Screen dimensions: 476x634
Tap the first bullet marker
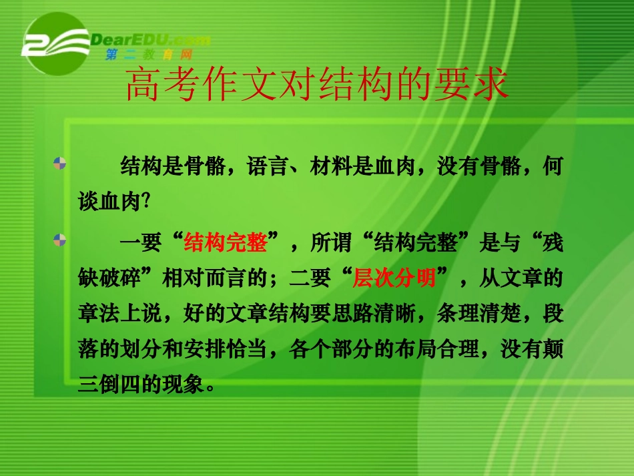60,162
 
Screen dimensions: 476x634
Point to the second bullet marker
60,238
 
